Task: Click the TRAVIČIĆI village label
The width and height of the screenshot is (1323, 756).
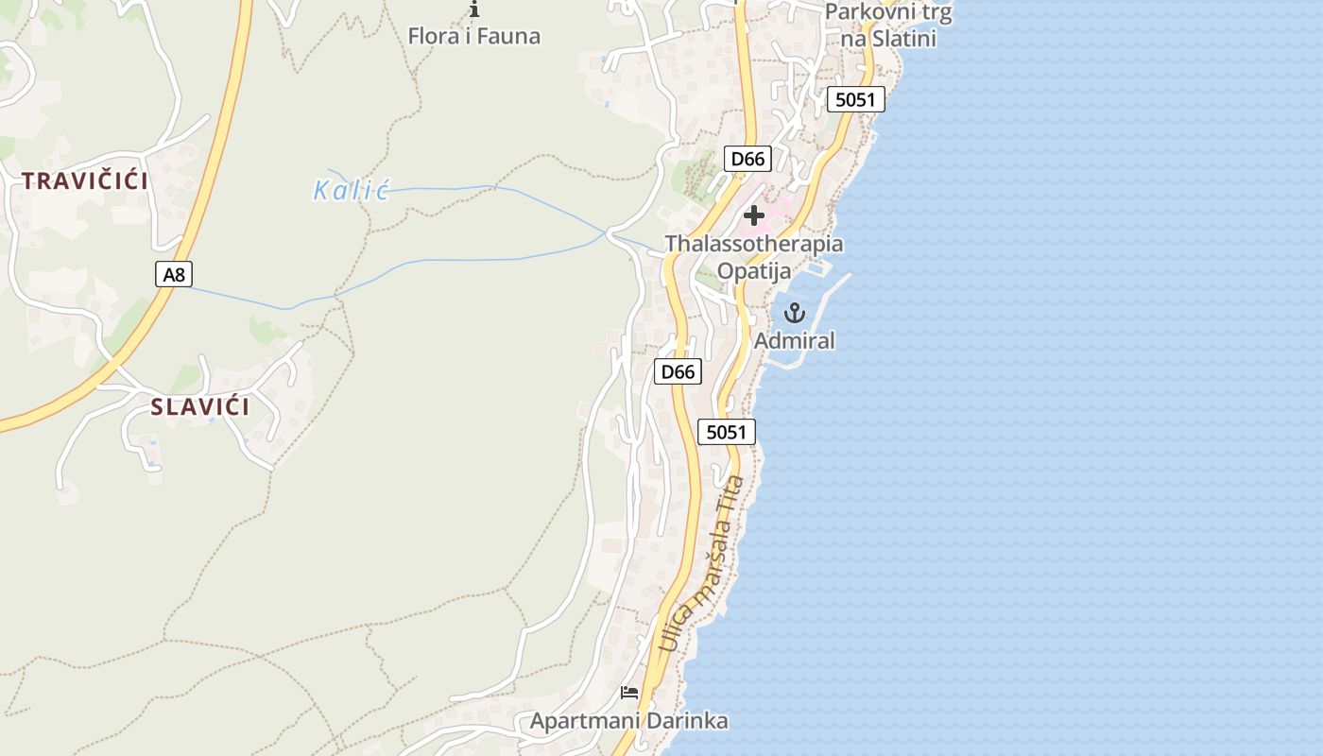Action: click(x=85, y=181)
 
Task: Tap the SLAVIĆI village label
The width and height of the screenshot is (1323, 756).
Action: click(x=200, y=407)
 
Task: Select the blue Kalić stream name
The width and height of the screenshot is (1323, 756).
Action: click(x=352, y=191)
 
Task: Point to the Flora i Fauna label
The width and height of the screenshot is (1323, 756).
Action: click(x=474, y=37)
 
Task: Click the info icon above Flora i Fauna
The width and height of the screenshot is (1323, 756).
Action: click(x=474, y=10)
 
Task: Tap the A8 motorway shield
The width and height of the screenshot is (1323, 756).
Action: click(x=174, y=275)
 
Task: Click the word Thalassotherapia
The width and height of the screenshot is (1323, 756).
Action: click(x=753, y=244)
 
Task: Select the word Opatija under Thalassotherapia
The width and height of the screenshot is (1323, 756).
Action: click(x=753, y=271)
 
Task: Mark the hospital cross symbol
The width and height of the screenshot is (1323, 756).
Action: click(x=754, y=215)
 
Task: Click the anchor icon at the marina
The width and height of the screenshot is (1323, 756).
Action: click(x=795, y=313)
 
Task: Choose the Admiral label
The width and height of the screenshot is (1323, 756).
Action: click(x=795, y=341)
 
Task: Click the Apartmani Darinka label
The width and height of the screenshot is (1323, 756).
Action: click(x=628, y=722)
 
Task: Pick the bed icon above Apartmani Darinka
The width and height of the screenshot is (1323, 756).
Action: click(x=629, y=693)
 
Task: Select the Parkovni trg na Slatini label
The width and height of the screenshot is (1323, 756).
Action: click(x=888, y=26)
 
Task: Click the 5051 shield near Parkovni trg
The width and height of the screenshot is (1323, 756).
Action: click(x=855, y=99)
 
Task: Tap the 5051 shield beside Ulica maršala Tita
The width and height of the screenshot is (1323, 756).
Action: click(x=726, y=433)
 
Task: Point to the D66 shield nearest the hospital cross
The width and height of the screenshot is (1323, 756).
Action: click(x=747, y=159)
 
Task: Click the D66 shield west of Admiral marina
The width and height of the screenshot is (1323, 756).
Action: click(x=678, y=371)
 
